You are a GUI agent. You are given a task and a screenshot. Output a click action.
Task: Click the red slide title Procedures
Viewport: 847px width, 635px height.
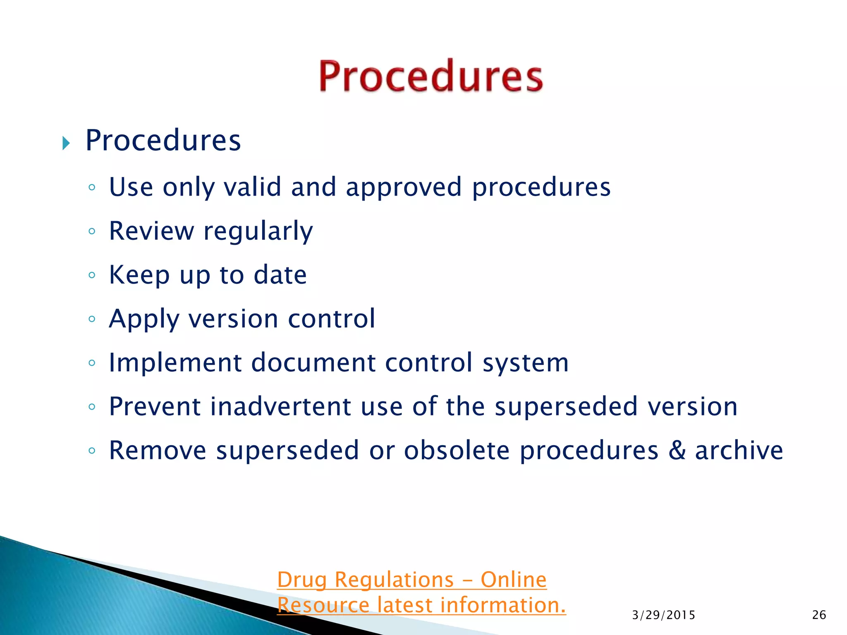[x=430, y=76]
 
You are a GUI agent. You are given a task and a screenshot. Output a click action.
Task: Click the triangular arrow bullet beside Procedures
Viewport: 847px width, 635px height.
[x=66, y=143]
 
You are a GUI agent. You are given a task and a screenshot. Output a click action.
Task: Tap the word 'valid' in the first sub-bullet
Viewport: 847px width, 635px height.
[x=252, y=187]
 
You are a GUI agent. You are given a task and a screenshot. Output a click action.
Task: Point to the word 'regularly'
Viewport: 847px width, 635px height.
[x=258, y=232]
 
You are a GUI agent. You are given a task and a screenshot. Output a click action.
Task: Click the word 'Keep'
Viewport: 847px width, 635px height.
[x=139, y=275]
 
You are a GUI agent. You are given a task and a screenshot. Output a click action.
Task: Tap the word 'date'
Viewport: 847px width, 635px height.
[x=280, y=275]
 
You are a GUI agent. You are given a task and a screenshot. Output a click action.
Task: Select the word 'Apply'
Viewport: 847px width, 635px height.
[x=144, y=320]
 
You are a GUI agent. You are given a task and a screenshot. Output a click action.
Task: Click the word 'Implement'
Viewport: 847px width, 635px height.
[x=175, y=363]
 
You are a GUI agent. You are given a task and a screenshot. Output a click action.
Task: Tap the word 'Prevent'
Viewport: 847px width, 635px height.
[x=155, y=406]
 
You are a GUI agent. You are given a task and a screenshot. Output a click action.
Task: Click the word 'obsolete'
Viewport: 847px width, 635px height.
[x=456, y=450]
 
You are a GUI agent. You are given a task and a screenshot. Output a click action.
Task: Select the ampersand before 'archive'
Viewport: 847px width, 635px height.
[x=677, y=450]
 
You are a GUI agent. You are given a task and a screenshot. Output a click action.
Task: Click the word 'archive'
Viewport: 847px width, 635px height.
[x=739, y=450]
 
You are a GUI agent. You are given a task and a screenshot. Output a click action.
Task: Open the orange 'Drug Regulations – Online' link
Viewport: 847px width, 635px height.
[x=412, y=580]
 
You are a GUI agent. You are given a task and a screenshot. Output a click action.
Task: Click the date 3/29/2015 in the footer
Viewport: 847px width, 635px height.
[x=663, y=615]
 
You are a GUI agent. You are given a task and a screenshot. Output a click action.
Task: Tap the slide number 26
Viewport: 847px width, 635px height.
[x=819, y=615]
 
